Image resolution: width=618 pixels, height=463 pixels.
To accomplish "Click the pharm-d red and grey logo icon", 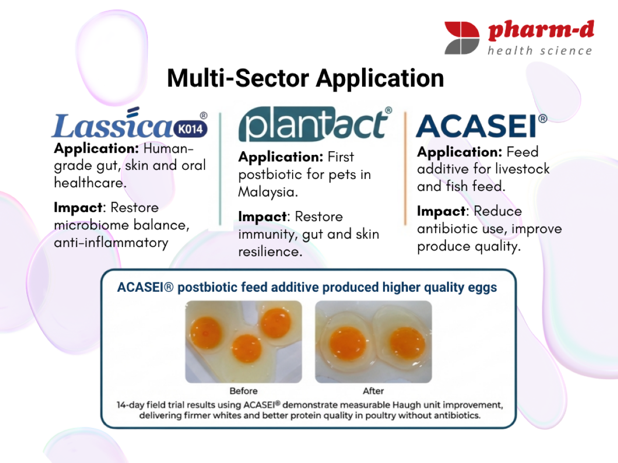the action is pyautogui.click(x=462, y=38).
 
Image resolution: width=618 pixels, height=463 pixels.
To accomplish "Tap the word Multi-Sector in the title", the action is pyautogui.click(x=238, y=78).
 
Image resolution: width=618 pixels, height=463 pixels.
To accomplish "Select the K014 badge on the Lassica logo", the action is pyautogui.click(x=191, y=129).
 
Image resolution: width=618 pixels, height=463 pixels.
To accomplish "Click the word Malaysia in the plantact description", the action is pyautogui.click(x=268, y=192).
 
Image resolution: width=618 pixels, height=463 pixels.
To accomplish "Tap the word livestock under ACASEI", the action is pyautogui.click(x=522, y=169).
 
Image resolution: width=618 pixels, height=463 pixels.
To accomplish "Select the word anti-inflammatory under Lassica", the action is pyautogui.click(x=111, y=243).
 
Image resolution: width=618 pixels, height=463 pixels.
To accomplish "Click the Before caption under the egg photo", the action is pyautogui.click(x=244, y=391).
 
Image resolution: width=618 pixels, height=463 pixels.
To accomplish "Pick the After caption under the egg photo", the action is pyautogui.click(x=373, y=391).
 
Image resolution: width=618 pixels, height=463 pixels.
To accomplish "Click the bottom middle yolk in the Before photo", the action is pyautogui.click(x=247, y=349).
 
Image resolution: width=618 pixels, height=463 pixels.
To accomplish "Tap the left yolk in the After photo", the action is pyautogui.click(x=348, y=343).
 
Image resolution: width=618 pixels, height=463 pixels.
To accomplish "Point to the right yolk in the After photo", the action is pyautogui.click(x=407, y=343).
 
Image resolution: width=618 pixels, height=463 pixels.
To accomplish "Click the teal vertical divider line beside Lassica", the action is pyautogui.click(x=220, y=169).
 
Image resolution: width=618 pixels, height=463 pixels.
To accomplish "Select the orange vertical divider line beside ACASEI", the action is pyautogui.click(x=405, y=169).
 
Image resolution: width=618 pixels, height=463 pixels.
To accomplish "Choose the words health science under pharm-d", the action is pyautogui.click(x=540, y=51).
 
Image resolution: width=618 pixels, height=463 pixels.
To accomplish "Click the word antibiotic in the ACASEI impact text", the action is pyautogui.click(x=448, y=228).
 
